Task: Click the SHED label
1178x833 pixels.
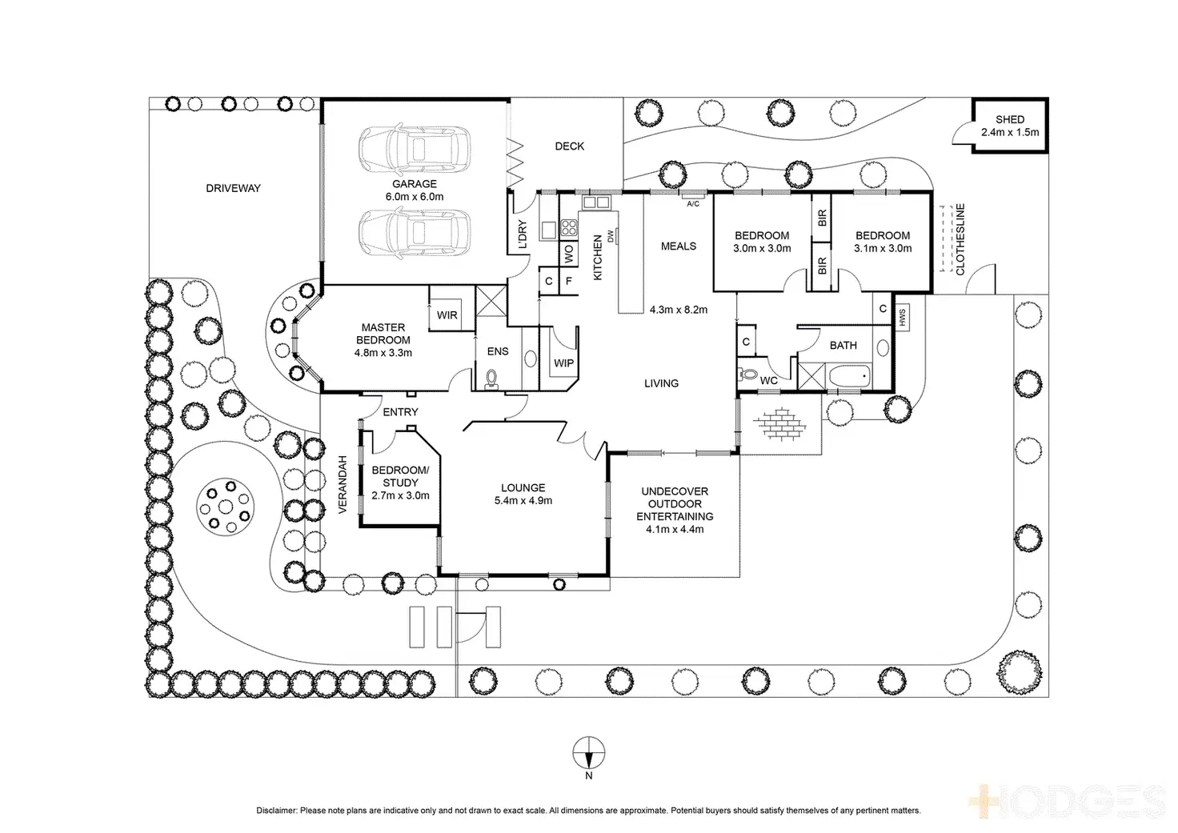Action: coord(1010,119)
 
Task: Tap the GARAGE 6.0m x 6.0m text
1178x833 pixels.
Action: coord(414,190)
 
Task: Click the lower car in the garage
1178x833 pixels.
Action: coord(412,233)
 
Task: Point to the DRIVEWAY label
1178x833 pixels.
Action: coord(234,188)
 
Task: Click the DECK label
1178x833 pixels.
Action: coord(569,146)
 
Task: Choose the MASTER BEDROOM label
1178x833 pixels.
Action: coord(383,339)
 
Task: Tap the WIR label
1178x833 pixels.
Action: coord(447,314)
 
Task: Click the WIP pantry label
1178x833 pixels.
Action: coord(563,362)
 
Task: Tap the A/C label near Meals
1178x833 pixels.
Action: coord(693,202)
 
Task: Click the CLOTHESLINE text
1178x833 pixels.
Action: coord(960,240)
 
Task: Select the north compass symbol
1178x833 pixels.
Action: coord(588,751)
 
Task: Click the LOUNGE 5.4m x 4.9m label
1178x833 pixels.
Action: coord(523,494)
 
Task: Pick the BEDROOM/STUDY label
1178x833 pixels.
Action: coord(400,482)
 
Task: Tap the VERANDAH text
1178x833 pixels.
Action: coord(342,485)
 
